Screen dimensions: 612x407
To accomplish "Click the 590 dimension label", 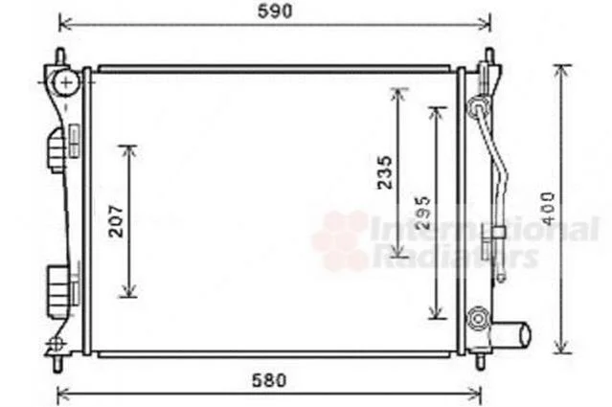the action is [x=275, y=11].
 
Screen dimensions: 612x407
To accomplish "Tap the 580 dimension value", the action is [x=269, y=380].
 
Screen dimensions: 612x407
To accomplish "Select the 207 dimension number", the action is [x=116, y=221].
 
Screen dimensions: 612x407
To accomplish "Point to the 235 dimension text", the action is [x=384, y=172].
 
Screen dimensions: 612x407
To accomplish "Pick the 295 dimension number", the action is [x=422, y=213].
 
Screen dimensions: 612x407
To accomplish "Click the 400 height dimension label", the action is [x=549, y=209].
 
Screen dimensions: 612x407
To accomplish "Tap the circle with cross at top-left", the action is [x=67, y=82].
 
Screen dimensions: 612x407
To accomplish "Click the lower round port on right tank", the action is [x=478, y=319].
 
